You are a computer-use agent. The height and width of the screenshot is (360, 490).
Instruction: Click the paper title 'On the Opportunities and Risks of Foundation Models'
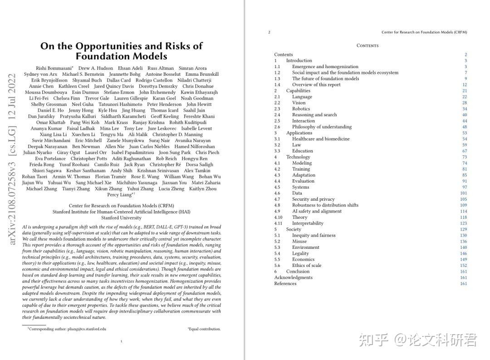[121, 51]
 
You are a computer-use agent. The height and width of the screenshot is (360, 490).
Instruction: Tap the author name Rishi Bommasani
[54, 68]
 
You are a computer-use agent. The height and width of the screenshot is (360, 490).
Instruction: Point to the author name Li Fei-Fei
[39, 98]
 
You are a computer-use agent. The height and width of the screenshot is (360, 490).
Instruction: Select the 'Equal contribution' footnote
[204, 329]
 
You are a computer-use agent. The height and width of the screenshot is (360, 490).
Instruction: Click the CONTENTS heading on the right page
[367, 45]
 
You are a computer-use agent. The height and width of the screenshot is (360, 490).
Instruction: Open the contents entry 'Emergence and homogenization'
[325, 67]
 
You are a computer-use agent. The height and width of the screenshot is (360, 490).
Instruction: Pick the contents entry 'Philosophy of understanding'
[322, 127]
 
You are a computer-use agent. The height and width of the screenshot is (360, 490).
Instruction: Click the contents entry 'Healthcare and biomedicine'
[321, 139]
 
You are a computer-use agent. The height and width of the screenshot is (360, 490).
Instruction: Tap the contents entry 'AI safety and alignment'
[317, 211]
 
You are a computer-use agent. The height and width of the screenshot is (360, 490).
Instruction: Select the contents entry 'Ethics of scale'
[306, 266]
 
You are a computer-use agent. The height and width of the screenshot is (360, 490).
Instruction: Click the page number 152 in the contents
[463, 266]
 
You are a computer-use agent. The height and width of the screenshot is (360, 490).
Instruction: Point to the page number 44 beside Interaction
[465, 121]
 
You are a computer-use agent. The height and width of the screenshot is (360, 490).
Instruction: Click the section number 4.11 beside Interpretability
[278, 223]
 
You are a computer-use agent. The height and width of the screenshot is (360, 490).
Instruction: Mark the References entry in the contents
[285, 284]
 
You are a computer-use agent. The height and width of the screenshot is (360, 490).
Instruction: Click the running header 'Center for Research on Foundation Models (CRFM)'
[424, 32]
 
